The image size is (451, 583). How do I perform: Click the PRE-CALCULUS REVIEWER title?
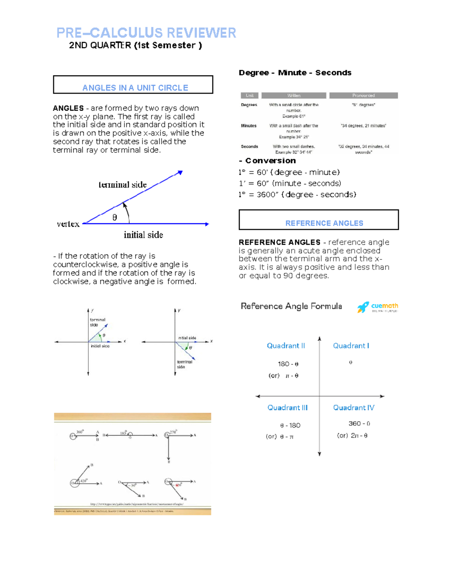(x=146, y=33)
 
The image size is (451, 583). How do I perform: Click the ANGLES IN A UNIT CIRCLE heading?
(x=135, y=88)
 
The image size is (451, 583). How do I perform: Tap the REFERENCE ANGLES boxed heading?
(x=324, y=223)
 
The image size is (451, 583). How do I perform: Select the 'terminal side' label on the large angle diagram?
(x=123, y=185)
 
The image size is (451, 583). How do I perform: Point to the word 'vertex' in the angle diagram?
(x=68, y=224)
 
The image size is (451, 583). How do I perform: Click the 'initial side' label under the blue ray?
(x=143, y=235)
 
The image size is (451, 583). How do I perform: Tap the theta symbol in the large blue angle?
(x=115, y=217)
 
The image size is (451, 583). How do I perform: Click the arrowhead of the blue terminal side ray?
(x=180, y=172)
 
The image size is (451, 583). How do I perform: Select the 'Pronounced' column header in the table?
(x=363, y=95)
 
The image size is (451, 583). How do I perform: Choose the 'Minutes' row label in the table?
(x=248, y=126)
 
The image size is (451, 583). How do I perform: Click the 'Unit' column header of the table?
(x=250, y=95)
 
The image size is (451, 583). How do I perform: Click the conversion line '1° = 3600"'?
(x=297, y=194)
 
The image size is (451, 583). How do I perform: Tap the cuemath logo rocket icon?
(x=363, y=307)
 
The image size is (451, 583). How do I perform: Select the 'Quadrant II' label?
(x=286, y=346)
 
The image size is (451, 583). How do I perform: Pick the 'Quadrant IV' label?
(x=353, y=408)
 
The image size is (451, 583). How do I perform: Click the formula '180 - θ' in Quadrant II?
(x=288, y=364)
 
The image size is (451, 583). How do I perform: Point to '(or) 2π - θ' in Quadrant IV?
(x=352, y=435)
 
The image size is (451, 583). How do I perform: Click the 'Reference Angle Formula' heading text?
(x=291, y=306)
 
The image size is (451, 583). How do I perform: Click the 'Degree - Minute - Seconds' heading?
(x=295, y=73)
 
